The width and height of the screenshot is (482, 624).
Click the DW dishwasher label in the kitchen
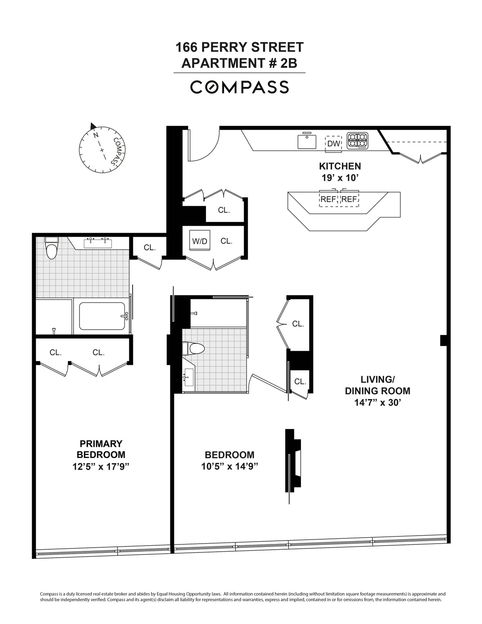[x=333, y=143]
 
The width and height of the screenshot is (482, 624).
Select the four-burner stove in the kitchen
[x=357, y=140]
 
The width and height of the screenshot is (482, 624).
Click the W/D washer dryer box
[x=200, y=241]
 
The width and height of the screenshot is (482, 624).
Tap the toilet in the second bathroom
[x=193, y=348]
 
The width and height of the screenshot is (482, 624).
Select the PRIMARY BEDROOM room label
[x=101, y=449]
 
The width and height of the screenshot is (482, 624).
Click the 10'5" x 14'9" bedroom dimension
[x=229, y=466]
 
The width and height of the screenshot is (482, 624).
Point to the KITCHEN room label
[x=340, y=166]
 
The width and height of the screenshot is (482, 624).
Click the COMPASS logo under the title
[x=239, y=87]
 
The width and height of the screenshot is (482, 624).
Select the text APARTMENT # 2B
[x=239, y=63]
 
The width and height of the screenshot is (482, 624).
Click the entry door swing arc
[x=205, y=145]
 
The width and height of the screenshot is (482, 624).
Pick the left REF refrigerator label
[x=328, y=199]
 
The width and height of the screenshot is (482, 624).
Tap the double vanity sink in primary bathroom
[x=98, y=243]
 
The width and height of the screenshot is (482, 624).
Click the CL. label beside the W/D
[x=227, y=241]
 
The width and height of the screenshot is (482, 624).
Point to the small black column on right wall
[x=443, y=340]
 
